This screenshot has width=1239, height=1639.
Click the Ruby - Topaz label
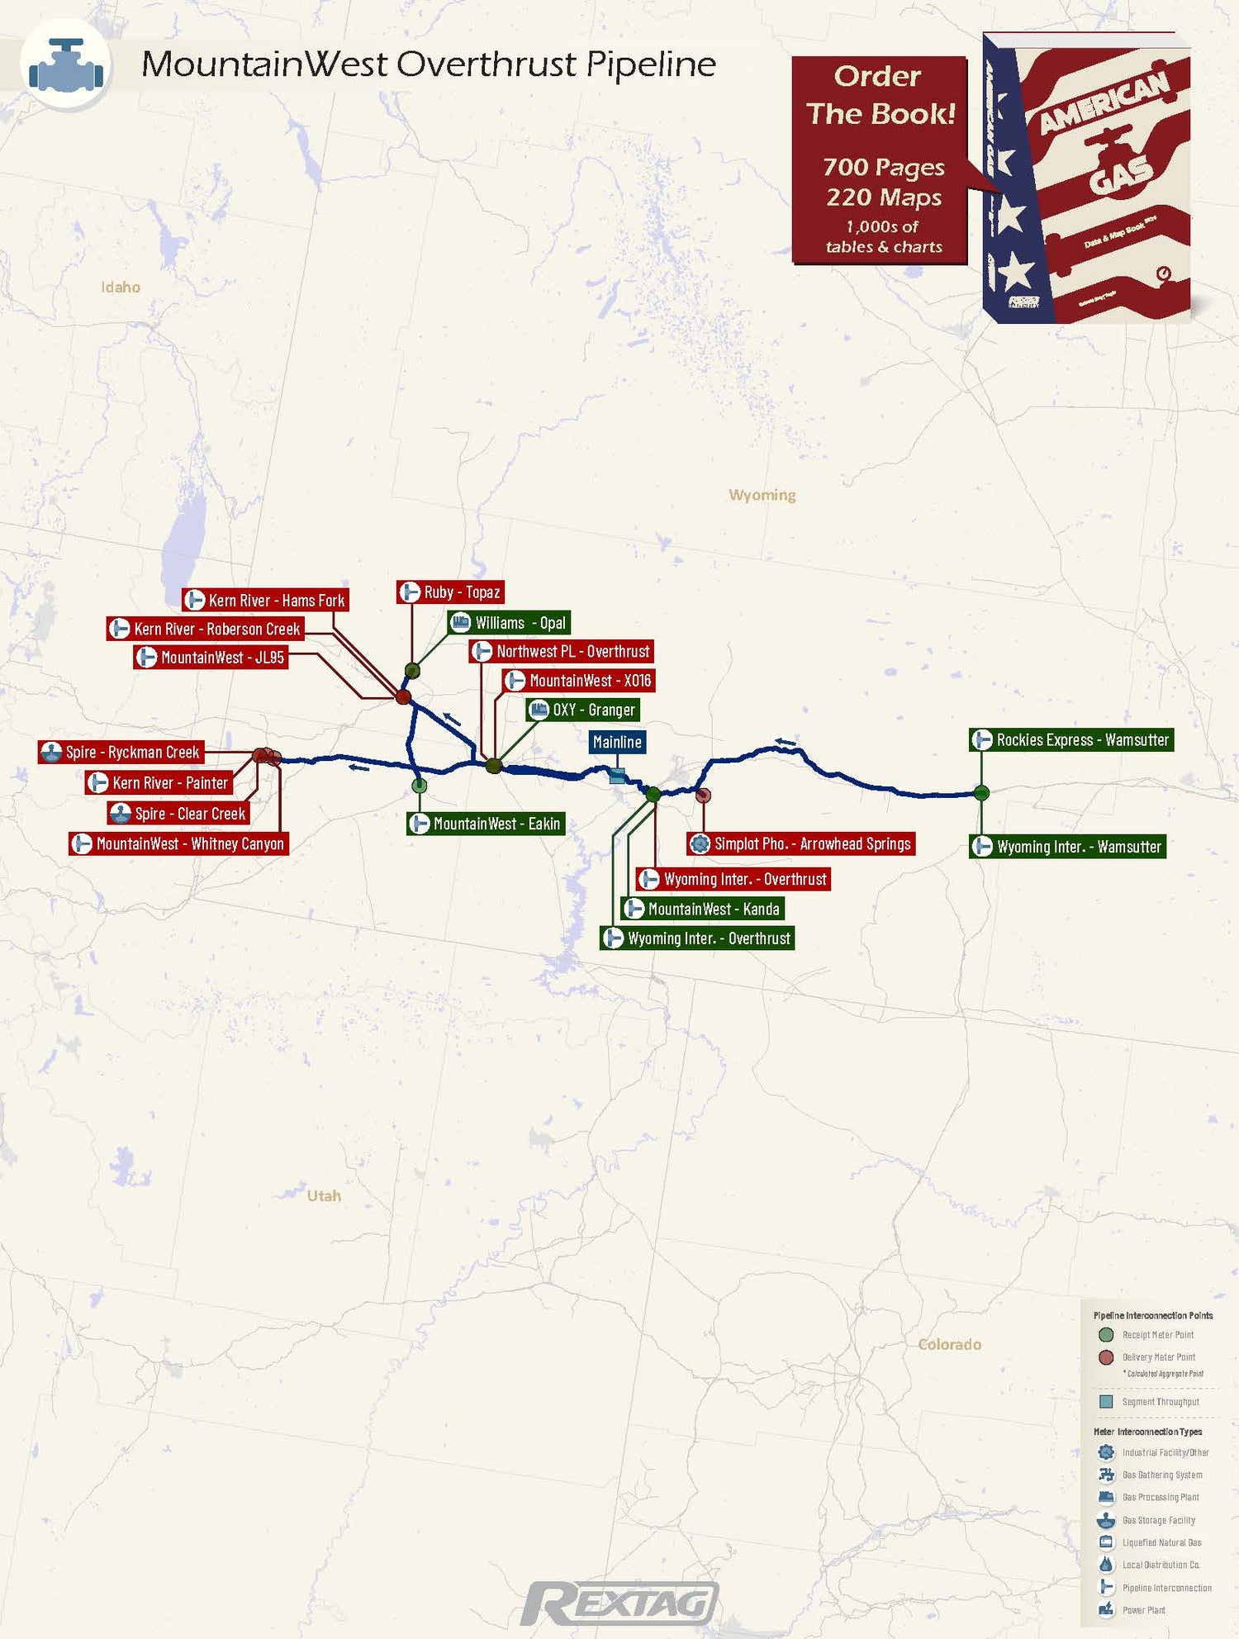(x=451, y=592)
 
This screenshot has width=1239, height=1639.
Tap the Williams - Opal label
(x=509, y=623)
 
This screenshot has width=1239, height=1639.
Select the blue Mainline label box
(x=617, y=742)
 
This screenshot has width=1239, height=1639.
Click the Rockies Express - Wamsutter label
(x=1071, y=740)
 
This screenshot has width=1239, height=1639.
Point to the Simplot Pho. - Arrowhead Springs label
(x=802, y=843)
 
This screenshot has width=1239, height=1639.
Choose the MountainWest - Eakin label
(x=486, y=824)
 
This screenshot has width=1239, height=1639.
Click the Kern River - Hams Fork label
(x=265, y=601)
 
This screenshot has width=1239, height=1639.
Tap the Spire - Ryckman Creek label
(x=121, y=753)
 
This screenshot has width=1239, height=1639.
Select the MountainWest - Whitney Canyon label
(x=179, y=843)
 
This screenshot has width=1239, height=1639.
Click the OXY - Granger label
(x=583, y=710)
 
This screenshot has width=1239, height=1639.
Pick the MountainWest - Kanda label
(x=703, y=909)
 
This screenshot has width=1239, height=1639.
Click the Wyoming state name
(x=762, y=495)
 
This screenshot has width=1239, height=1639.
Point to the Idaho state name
(x=121, y=287)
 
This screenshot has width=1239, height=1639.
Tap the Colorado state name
(x=949, y=1345)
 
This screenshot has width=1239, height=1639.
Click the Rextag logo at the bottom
(x=619, y=1603)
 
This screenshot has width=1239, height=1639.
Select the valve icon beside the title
(x=65, y=65)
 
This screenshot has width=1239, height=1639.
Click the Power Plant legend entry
(x=1143, y=1610)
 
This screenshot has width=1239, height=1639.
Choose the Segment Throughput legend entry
(x=1160, y=1402)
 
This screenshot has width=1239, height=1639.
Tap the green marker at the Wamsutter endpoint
(x=981, y=793)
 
